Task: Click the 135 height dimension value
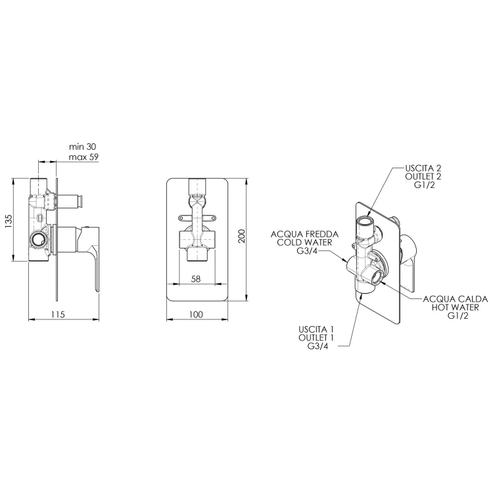pyautogui.click(x=8, y=221)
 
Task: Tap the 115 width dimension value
pyautogui.click(x=58, y=314)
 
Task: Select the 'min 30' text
pyautogui.click(x=83, y=147)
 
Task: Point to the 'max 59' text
pyautogui.click(x=83, y=156)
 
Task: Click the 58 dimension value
pyautogui.click(x=196, y=279)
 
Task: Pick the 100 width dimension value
pyautogui.click(x=196, y=314)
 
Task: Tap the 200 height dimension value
pyautogui.click(x=241, y=236)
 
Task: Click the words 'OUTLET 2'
pyautogui.click(x=423, y=176)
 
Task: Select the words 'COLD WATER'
pyautogui.click(x=304, y=243)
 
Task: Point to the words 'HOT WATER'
pyautogui.click(x=456, y=307)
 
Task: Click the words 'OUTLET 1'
pyautogui.click(x=316, y=338)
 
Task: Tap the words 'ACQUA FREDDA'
pyautogui.click(x=304, y=234)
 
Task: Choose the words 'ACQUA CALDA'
pyautogui.click(x=456, y=298)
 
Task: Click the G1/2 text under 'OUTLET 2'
pyautogui.click(x=425, y=185)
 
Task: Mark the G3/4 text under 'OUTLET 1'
pyautogui.click(x=317, y=346)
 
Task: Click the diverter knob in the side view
pyautogui.click(x=70, y=201)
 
